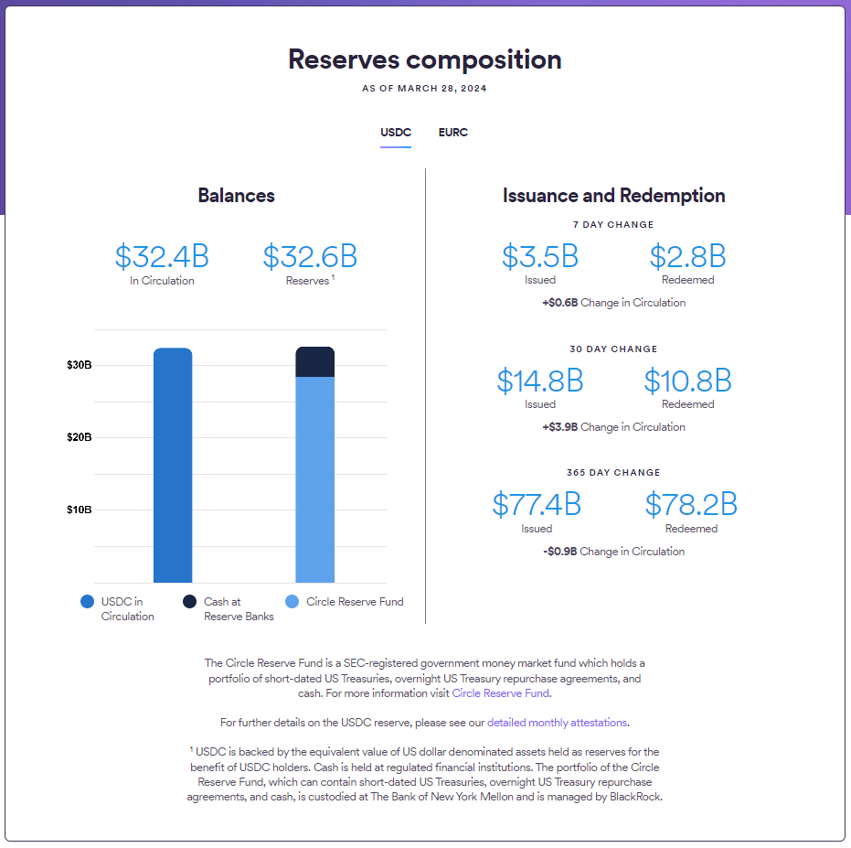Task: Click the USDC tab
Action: pos(396,133)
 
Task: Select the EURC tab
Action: pos(452,133)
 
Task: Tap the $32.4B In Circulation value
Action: pos(162,256)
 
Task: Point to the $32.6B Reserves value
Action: pos(310,256)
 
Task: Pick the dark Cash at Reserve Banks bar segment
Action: pos(314,362)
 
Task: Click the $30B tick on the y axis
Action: pos(80,365)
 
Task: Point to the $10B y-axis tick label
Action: pos(80,510)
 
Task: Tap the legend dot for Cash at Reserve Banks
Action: pos(190,602)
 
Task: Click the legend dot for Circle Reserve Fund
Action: pos(293,602)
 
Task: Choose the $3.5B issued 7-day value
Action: pos(539,256)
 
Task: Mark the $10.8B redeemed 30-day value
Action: pos(687,381)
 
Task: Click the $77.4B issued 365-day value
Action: pos(537,504)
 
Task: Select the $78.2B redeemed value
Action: pos(691,504)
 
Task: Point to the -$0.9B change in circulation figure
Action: pos(560,552)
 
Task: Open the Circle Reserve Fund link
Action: pos(501,693)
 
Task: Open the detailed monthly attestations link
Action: pos(557,723)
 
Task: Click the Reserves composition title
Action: pos(425,59)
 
